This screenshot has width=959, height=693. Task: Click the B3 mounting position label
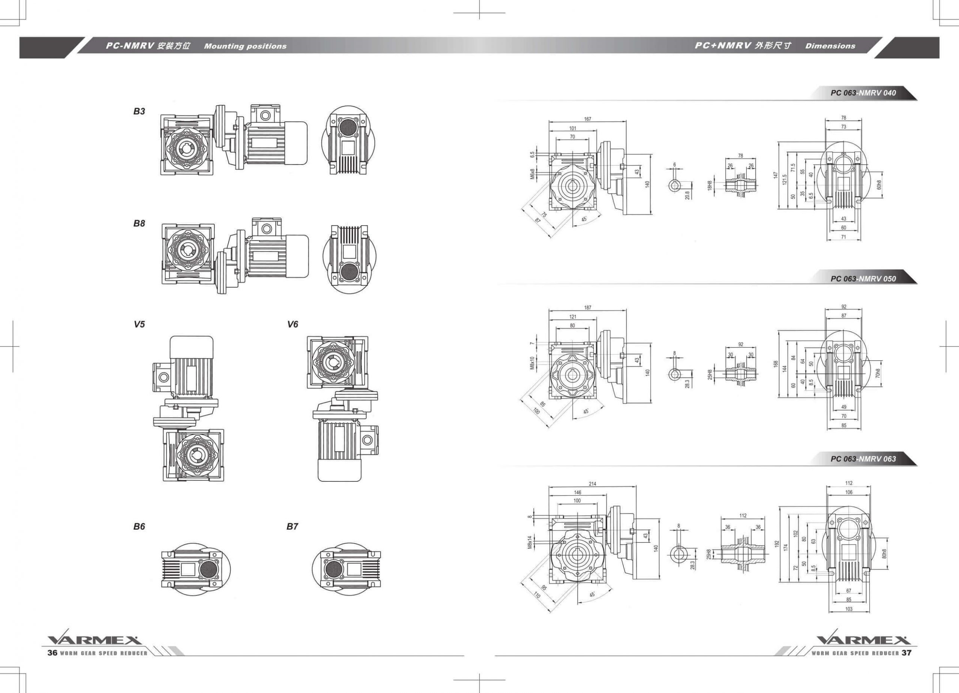[139, 111]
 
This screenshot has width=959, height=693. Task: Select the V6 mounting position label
[293, 324]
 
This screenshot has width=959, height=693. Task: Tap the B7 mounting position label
[292, 526]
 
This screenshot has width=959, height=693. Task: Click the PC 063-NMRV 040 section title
[863, 93]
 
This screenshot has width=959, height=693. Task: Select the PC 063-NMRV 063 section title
[863, 459]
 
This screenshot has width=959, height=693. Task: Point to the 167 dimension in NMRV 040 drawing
[587, 119]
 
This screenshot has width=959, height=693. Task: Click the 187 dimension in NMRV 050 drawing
[587, 308]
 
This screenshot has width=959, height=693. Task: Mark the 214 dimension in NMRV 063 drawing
[592, 484]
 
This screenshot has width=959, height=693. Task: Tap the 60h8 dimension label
[879, 185]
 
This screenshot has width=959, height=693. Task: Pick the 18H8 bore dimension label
[710, 185]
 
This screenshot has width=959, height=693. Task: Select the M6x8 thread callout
[532, 174]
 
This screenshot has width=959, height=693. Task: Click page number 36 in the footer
[52, 653]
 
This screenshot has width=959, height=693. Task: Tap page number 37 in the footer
[907, 653]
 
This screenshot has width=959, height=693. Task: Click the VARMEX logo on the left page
[94, 639]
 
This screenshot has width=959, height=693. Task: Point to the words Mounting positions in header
[245, 46]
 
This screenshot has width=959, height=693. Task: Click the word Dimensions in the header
[830, 46]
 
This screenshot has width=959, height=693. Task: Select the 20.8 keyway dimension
[687, 194]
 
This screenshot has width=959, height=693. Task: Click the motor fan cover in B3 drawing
[297, 143]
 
